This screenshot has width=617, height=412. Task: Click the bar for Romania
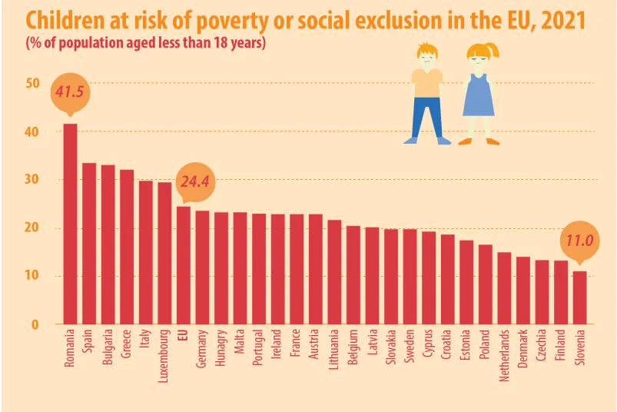point(70,223)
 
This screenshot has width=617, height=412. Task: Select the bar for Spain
point(89,243)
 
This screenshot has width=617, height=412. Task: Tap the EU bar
point(184,264)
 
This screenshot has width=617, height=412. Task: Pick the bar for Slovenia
point(579,297)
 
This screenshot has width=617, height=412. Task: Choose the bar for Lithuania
point(334,271)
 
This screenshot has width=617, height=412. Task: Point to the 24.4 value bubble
point(194,182)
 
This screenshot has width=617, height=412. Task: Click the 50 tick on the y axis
point(32,83)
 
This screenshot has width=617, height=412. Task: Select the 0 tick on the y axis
point(35,324)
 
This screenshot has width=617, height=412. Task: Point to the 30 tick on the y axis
point(32,179)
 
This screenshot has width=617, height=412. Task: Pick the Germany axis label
point(202,350)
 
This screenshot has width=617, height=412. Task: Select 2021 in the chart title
point(562,19)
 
